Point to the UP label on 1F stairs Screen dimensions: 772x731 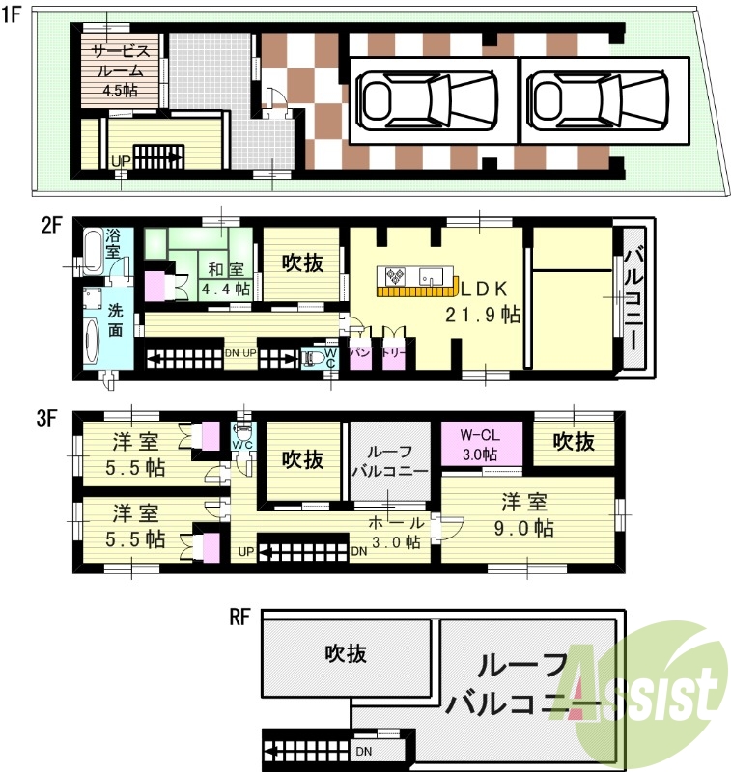click(120, 161)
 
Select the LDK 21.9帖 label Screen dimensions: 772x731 click(482, 300)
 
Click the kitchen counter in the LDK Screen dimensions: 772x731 click(416, 279)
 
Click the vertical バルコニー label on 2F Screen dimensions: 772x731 click(633, 300)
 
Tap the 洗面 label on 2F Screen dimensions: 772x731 click(115, 320)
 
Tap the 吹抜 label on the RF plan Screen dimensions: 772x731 click(344, 653)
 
